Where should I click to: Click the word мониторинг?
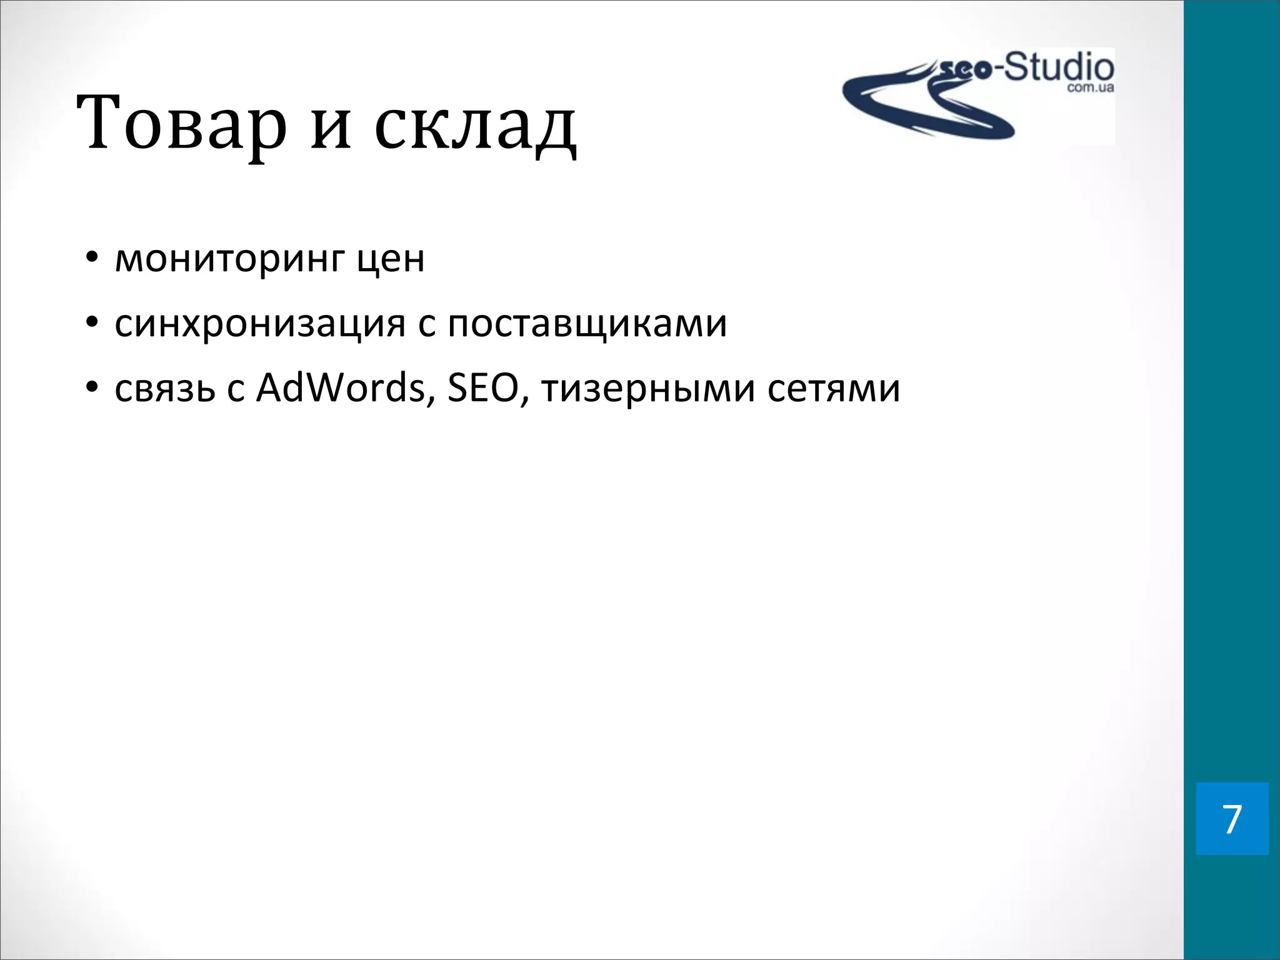point(229,259)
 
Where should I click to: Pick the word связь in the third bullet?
point(165,389)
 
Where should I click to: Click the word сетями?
point(834,389)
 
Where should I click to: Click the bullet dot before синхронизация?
point(92,323)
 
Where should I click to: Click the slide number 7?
point(1232,819)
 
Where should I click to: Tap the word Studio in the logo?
point(1059,67)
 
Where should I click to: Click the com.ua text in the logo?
point(1090,88)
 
